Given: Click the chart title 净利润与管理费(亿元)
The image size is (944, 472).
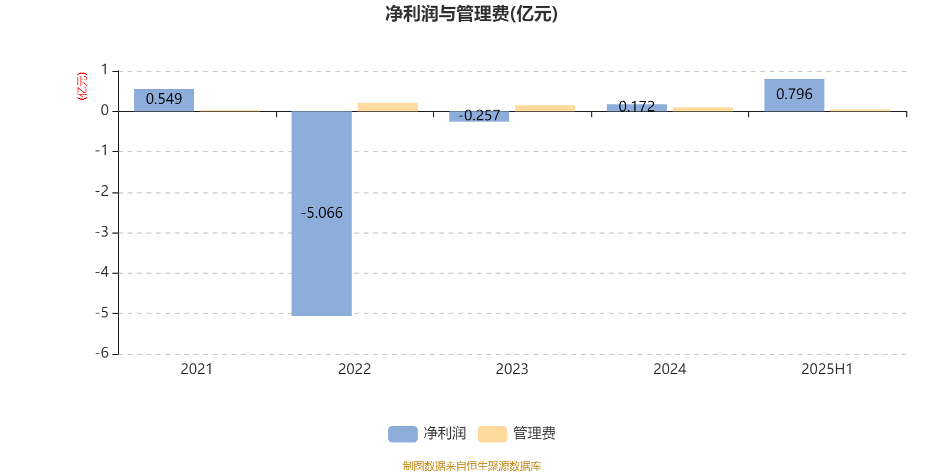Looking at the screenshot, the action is point(471,14).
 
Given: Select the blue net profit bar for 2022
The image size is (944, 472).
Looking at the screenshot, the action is point(322,214).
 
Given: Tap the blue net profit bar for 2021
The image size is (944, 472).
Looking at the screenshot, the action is point(164,100).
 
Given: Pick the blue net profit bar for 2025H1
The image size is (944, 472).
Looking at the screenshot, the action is point(794,95).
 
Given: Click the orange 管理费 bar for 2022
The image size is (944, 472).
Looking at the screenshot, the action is point(388,107).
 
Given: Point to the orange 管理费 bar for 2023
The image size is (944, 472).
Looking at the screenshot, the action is point(545,109).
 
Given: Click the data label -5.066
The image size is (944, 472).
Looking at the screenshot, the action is point(322,213).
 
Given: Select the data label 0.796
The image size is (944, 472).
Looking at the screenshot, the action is point(794,94).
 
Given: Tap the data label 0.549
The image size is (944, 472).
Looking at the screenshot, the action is point(164,99).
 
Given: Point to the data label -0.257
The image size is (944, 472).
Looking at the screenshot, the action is point(479,116).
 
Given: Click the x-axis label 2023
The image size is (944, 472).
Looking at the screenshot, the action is point(512,369).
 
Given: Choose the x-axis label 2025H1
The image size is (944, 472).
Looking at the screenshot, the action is point(827,369).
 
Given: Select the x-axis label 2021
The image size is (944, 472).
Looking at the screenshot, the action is point(197,369).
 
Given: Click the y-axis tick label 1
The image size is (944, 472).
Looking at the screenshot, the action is point(104,70).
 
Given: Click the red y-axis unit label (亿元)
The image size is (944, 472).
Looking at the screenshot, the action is point(82,86).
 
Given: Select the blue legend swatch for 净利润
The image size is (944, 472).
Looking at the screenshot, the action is point(403,434).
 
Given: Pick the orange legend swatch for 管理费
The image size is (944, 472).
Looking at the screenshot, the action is point(493,434).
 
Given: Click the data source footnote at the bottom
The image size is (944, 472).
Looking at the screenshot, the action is point(471,466).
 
